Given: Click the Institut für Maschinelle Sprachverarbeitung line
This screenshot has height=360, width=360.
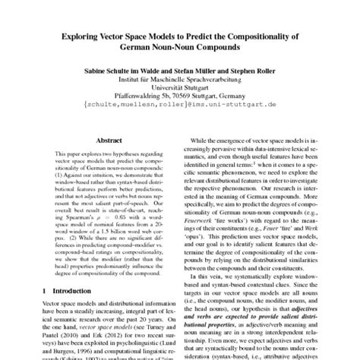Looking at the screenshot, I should pyautogui.click(x=179, y=77).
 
